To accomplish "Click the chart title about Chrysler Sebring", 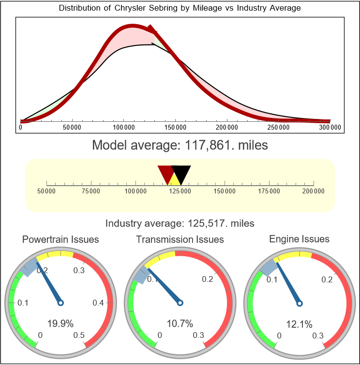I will [x=180, y=8].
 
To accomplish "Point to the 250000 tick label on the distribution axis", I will [x=279, y=128].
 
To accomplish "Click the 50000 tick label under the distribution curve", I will [x=72, y=128].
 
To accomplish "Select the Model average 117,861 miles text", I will [x=180, y=145].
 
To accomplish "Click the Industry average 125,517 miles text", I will [x=180, y=223].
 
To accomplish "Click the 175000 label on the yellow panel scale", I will [x=269, y=191].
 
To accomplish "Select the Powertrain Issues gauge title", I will [x=60, y=239].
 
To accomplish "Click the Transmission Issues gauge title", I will [x=180, y=239].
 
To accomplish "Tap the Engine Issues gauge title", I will [x=299, y=239].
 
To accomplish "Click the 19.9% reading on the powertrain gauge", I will [x=58, y=323].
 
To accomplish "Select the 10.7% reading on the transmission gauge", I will [x=180, y=323].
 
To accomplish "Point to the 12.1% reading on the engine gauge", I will [x=299, y=323].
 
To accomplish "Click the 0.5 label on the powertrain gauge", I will [x=79, y=336].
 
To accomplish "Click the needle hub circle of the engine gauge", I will [x=299, y=303].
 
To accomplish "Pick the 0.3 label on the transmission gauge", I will [x=198, y=336].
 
